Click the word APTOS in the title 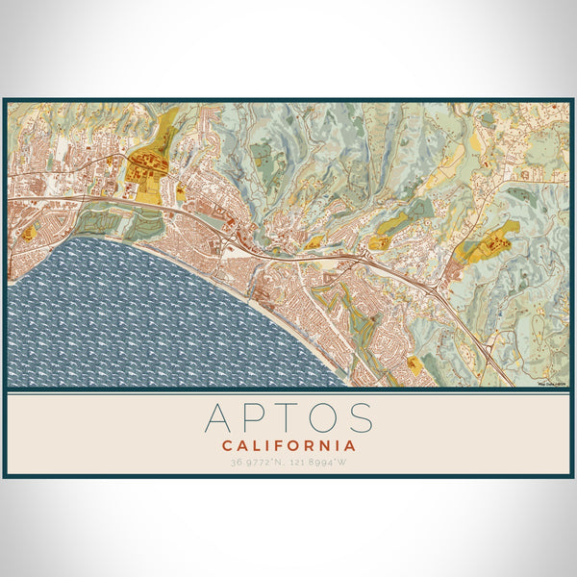(288, 418)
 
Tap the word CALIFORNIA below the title (288, 446)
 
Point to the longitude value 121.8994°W (319, 462)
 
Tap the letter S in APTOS (360, 418)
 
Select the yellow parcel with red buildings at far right (490, 240)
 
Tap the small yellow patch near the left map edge (30, 233)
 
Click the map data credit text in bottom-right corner (554, 384)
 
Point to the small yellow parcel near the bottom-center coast (414, 363)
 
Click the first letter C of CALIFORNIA (227, 446)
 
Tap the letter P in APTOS (252, 418)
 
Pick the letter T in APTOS (286, 418)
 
